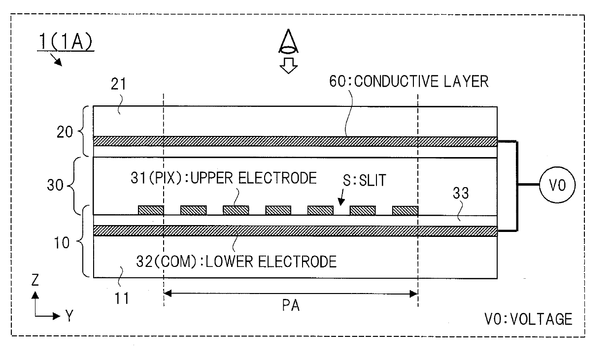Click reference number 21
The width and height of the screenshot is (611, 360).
118,85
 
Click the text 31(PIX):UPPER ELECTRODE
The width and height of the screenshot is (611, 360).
226,178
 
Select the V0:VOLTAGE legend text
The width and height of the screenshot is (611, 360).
528,319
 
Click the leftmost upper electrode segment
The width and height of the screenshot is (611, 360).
151,210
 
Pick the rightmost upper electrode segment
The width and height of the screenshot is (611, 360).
405,210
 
